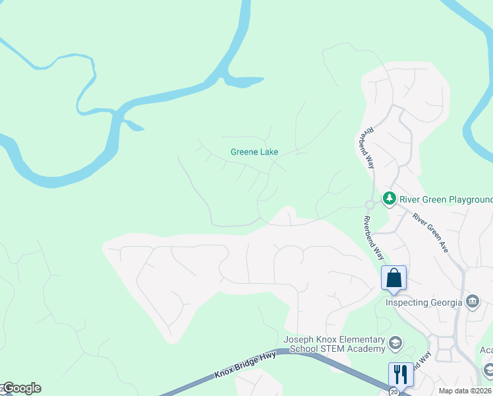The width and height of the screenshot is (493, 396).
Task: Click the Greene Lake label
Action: [254, 152]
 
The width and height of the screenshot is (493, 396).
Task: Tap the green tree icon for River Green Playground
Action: [390, 198]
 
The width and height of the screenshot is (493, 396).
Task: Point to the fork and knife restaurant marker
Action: [400, 373]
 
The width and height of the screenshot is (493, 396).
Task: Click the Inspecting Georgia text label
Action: [424, 303]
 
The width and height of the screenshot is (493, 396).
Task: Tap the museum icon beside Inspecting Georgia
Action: [472, 302]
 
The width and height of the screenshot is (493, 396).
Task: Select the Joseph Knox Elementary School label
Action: [334, 344]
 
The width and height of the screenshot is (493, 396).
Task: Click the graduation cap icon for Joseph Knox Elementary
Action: [395, 343]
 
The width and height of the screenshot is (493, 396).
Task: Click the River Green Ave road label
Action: [430, 233]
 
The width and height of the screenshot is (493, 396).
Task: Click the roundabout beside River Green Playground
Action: [371, 205]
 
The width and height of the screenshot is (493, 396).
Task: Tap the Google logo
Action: [21, 388]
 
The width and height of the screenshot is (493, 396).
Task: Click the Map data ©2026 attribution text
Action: [464, 391]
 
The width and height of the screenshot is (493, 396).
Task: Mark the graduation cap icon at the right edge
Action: [488, 369]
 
